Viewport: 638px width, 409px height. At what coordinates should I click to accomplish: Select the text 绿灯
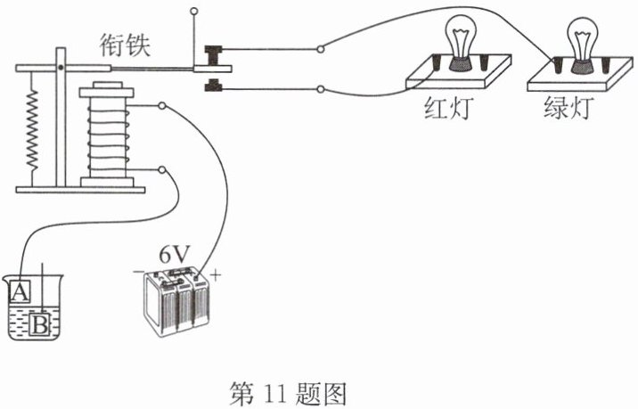click(568, 110)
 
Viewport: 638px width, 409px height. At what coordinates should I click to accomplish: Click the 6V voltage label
click(175, 253)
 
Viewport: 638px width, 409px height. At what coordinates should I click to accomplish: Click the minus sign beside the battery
click(139, 271)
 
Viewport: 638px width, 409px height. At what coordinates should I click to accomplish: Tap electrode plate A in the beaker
click(20, 290)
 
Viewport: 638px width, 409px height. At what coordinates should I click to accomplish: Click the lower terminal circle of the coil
click(161, 169)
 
